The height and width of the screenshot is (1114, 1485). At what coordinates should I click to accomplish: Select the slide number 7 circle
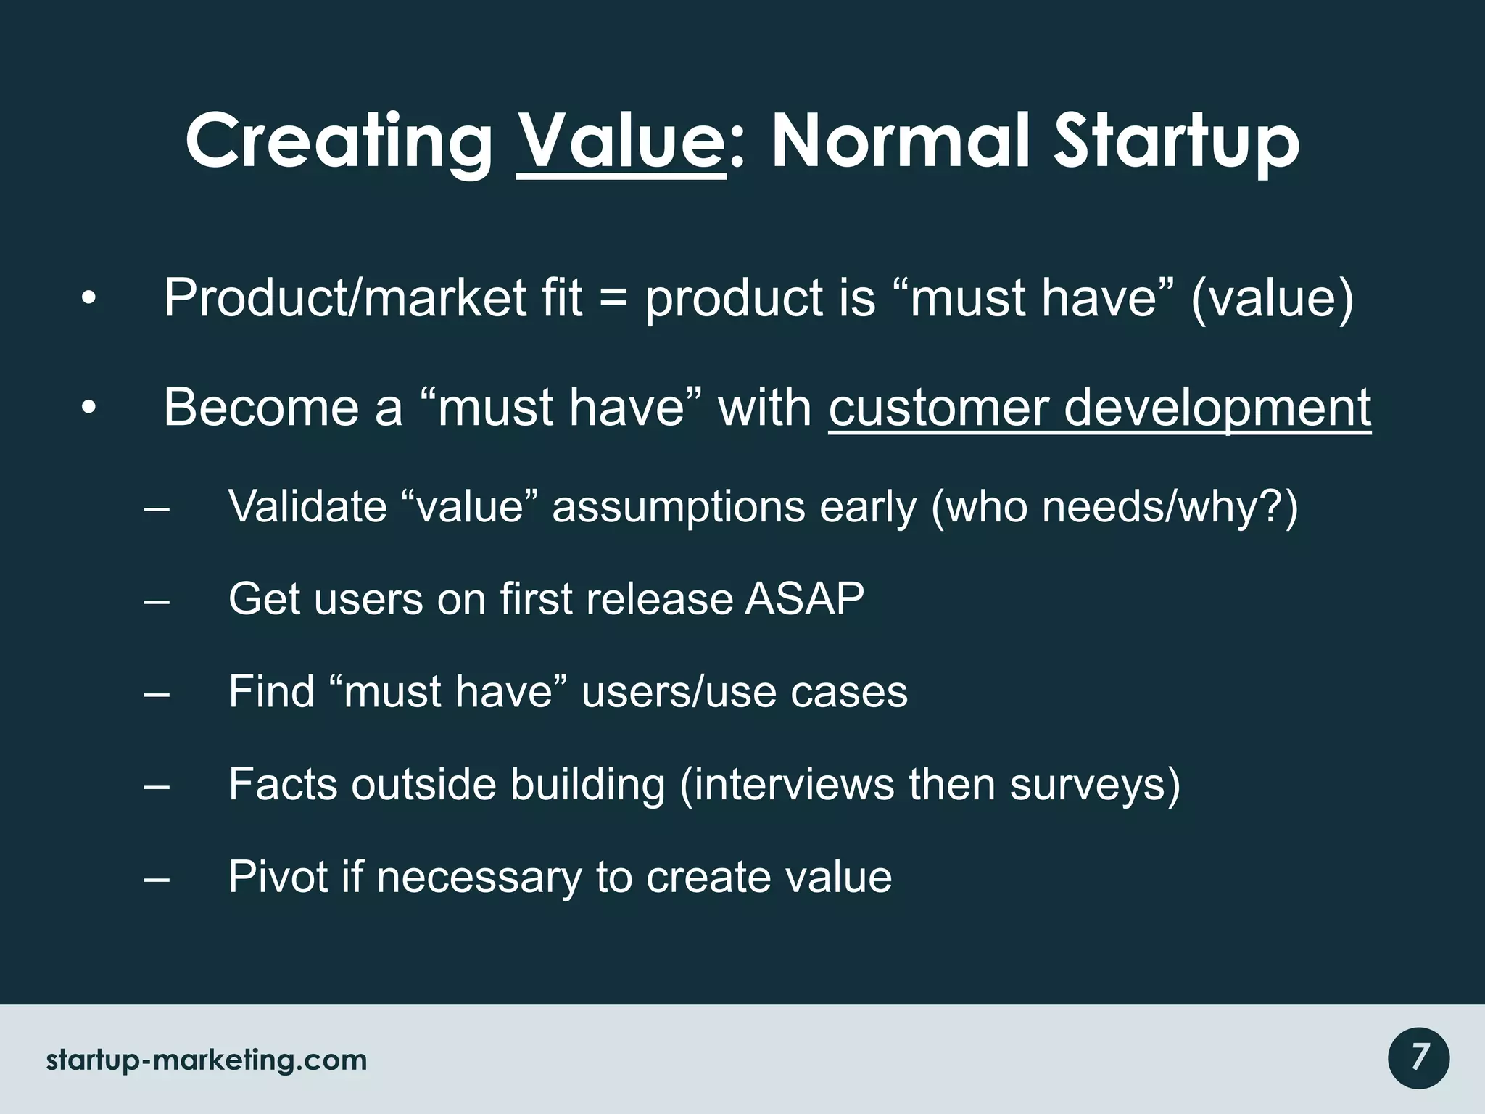pos(1419,1058)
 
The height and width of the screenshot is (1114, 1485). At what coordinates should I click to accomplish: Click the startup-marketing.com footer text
pos(207,1060)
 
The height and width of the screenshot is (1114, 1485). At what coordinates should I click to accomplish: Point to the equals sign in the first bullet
pos(614,298)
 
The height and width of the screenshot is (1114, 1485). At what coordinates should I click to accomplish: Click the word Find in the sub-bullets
pos(270,691)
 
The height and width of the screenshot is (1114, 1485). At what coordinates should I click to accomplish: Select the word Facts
pos(283,784)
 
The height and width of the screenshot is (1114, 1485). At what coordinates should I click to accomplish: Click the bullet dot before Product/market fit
pos(88,299)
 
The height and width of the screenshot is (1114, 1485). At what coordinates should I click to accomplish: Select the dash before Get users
pos(157,601)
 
